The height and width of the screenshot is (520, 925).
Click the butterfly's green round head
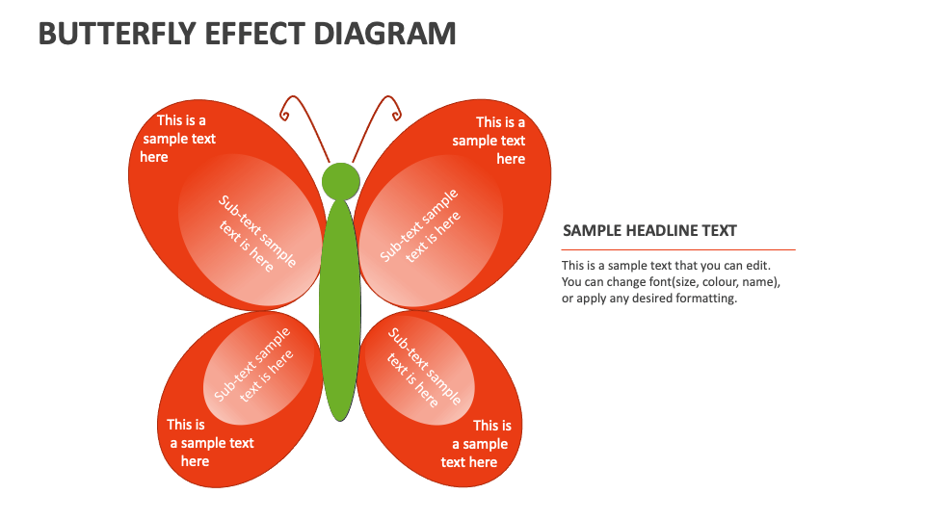pos(340,181)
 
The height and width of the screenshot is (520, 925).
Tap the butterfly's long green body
pos(339,308)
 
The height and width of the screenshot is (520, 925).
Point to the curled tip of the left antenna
pos(284,113)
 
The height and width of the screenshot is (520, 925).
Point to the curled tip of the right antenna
pos(395,113)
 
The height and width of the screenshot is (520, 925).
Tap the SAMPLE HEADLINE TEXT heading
pos(649,230)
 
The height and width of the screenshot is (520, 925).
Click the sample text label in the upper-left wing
pos(179,139)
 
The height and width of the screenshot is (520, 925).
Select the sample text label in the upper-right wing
pos(489,141)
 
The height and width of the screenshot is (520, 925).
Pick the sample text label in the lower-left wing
pos(210,443)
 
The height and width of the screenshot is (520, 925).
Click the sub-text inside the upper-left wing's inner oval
pos(252,234)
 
